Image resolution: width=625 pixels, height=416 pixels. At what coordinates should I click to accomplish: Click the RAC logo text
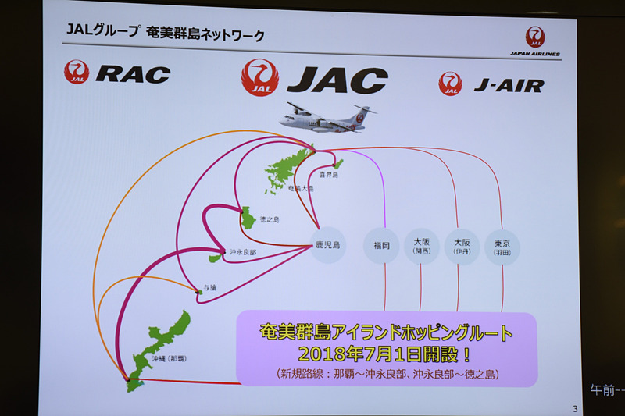pyautogui.click(x=132, y=74)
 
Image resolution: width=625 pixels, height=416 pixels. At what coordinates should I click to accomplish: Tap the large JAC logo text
pyautogui.click(x=337, y=80)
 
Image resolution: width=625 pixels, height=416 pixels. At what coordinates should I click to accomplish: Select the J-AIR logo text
pyautogui.click(x=508, y=85)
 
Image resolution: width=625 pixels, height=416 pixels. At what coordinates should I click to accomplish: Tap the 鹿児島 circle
pyautogui.click(x=327, y=245)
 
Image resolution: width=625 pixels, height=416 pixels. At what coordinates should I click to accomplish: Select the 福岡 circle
pyautogui.click(x=382, y=246)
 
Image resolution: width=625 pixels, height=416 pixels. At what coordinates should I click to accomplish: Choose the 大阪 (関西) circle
pyautogui.click(x=420, y=246)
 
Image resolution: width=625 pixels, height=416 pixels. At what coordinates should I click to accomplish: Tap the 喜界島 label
pyautogui.click(x=328, y=176)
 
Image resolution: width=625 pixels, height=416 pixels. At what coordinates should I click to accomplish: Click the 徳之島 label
pyautogui.click(x=270, y=220)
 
